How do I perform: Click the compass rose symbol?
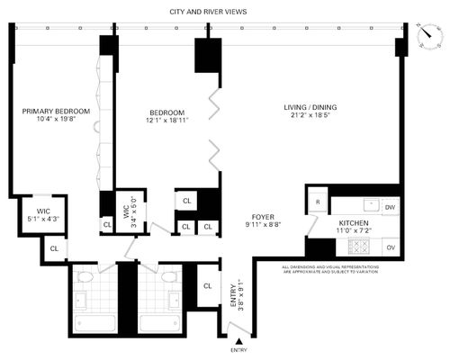[430, 35]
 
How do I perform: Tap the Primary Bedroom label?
[56, 112]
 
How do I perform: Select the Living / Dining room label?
[310, 107]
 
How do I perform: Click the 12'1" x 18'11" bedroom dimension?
[166, 121]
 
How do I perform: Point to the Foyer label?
[263, 217]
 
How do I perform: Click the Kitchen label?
[354, 223]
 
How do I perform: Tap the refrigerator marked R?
[318, 202]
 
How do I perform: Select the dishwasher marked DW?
[390, 207]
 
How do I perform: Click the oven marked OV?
[391, 247]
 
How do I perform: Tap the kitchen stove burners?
[358, 247]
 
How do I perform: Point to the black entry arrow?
[239, 341]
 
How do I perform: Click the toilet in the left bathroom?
[85, 276]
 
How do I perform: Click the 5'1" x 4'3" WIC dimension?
[43, 219]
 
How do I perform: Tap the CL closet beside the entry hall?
[208, 286]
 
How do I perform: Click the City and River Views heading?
[208, 12]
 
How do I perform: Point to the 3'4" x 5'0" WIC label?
[130, 211]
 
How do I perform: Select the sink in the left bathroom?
[81, 301]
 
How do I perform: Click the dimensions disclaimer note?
[330, 269]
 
